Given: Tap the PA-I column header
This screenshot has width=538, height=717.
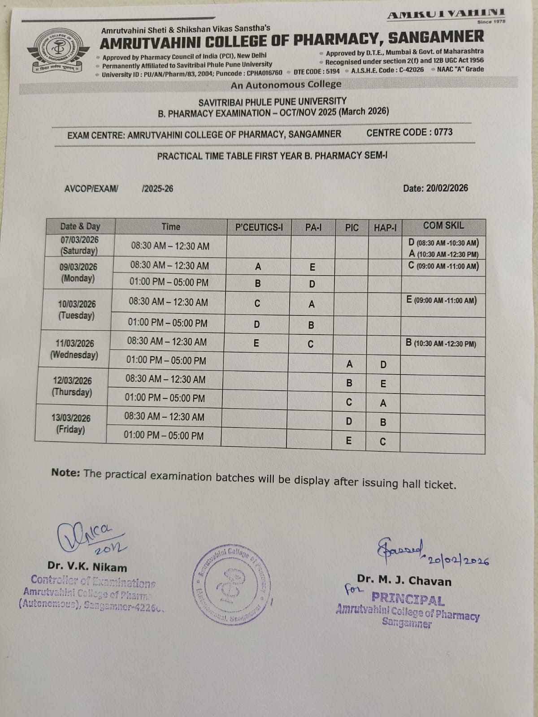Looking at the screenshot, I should [313, 227].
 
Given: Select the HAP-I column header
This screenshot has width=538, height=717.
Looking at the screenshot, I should [385, 228].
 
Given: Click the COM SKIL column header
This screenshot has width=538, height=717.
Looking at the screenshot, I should [443, 226].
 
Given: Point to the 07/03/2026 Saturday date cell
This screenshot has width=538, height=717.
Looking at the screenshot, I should [79, 245].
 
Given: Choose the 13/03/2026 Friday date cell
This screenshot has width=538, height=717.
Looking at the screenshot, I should [70, 423].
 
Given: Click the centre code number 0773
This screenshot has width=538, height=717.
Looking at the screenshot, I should [443, 132].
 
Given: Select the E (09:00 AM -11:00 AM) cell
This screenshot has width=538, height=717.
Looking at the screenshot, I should [441, 300].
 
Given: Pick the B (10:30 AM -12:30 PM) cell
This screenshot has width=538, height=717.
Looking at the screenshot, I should [441, 344].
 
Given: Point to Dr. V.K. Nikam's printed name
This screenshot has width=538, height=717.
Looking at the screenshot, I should [87, 567].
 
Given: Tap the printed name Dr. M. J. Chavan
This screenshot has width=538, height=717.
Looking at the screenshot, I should [404, 581].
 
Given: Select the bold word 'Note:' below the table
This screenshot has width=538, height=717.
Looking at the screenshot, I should [65, 472].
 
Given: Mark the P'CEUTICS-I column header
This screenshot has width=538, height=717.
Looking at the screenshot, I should [259, 227].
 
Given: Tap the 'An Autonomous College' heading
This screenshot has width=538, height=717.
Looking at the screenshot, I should [286, 85].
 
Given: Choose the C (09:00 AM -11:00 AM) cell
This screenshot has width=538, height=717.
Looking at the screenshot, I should [443, 266].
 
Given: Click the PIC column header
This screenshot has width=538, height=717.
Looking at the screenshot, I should [351, 228].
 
